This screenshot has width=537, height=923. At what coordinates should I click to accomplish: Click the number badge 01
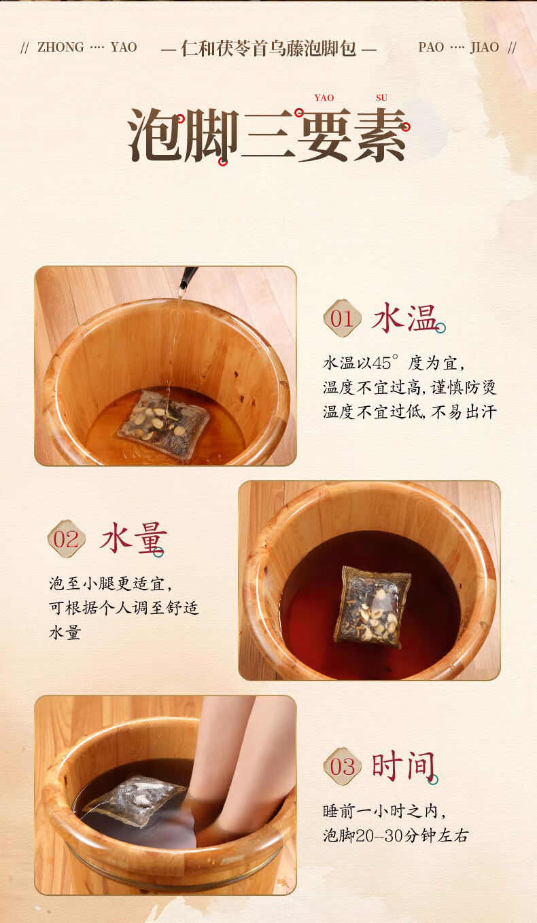click(342, 318)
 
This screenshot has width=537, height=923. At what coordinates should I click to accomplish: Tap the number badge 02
click(66, 539)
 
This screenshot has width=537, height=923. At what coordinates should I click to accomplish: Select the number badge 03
click(342, 766)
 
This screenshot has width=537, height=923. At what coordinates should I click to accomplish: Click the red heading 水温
click(404, 317)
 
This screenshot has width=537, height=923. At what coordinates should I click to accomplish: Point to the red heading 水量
click(133, 538)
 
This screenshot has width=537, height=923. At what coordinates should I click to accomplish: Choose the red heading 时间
click(403, 765)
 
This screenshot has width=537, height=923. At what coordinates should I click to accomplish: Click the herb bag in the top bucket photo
click(164, 424)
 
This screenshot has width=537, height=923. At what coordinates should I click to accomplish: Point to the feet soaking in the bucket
click(231, 771)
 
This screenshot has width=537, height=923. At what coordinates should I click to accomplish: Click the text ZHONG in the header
click(60, 48)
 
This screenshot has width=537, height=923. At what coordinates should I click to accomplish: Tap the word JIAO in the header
click(485, 48)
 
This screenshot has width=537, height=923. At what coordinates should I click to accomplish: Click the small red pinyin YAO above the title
click(324, 98)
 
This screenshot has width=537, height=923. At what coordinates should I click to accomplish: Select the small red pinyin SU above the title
click(381, 98)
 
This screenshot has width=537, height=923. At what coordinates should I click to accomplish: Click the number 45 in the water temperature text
click(381, 363)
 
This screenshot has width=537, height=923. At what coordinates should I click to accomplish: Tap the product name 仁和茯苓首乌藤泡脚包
click(268, 48)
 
